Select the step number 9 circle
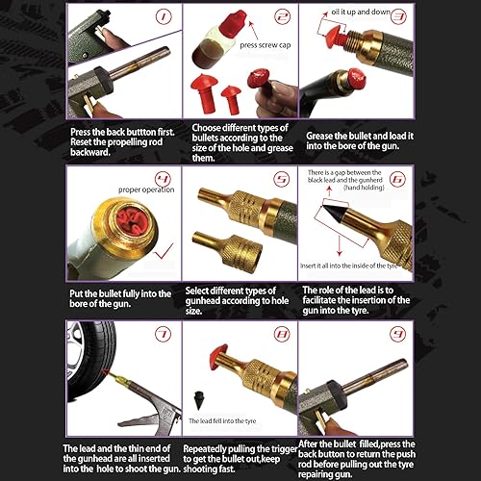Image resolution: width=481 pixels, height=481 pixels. [x=396, y=335]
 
